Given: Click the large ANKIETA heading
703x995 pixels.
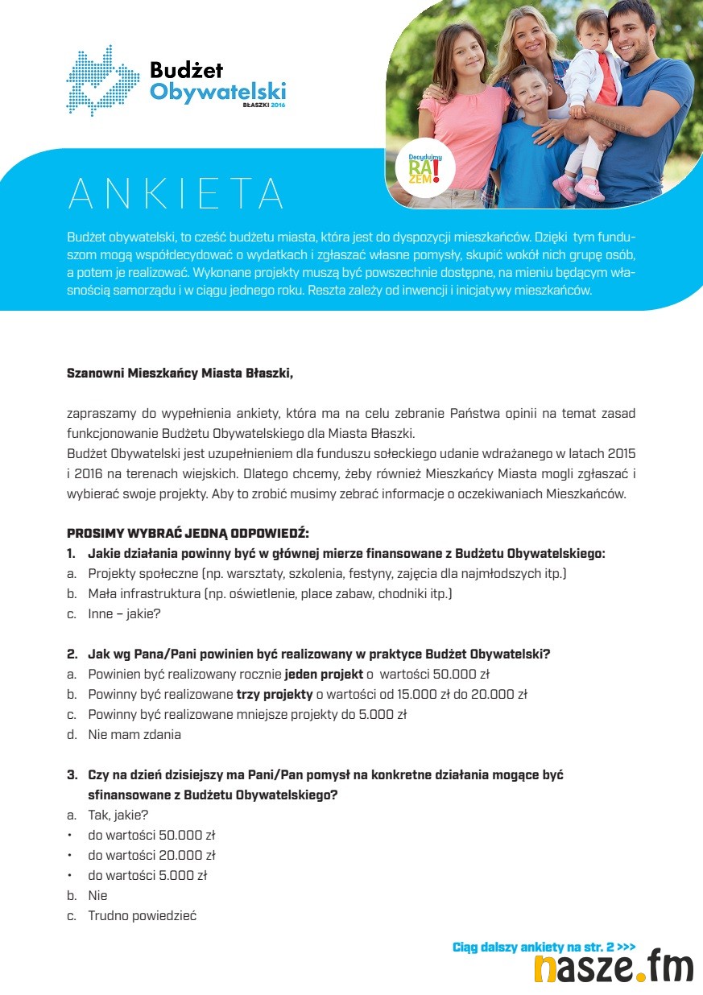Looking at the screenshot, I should [176, 193].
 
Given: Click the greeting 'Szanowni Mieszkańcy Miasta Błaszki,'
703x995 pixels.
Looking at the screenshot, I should [180, 374].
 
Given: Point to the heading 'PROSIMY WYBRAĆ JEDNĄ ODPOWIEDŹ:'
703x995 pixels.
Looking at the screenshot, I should [188, 533].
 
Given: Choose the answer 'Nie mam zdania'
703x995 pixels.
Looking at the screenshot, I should [134, 734].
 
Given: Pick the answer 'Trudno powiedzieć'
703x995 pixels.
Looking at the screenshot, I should [143, 915].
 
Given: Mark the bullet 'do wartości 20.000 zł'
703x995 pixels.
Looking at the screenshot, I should [151, 855].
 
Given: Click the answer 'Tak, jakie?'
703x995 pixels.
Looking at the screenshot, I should [118, 815].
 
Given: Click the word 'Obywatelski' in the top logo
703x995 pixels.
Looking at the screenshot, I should [217, 91].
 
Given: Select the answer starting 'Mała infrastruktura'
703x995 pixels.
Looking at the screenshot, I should [270, 593].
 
